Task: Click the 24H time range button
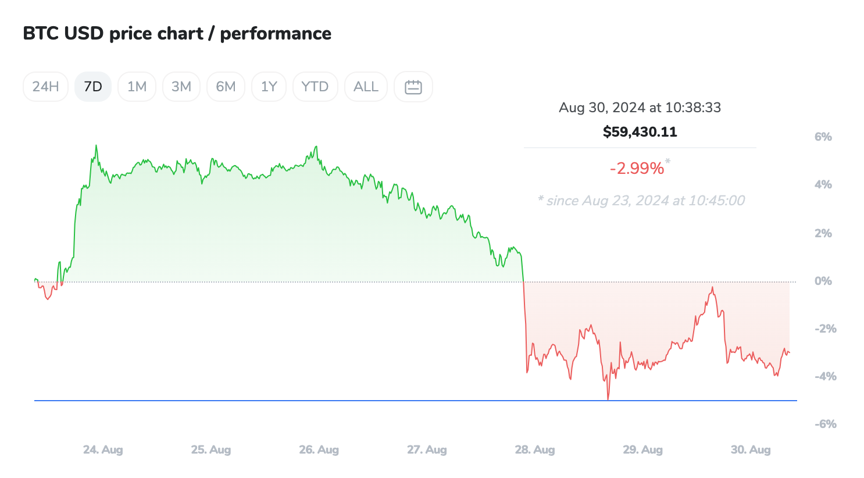click(45, 87)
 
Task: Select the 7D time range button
click(93, 87)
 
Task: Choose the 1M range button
click(137, 87)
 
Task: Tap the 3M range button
click(181, 87)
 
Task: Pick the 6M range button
click(226, 87)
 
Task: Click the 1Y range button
click(269, 87)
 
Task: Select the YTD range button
click(315, 87)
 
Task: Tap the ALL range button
click(366, 87)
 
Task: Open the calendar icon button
click(413, 87)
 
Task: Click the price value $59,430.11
click(640, 132)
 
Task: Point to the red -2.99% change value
click(637, 168)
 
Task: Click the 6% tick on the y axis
click(823, 137)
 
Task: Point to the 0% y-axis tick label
click(823, 281)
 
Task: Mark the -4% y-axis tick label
click(825, 376)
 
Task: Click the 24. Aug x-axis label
click(103, 450)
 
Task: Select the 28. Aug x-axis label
click(535, 450)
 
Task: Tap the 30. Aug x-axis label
click(751, 450)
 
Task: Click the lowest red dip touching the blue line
click(608, 398)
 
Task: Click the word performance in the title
click(276, 34)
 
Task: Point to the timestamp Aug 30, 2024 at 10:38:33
click(640, 108)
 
